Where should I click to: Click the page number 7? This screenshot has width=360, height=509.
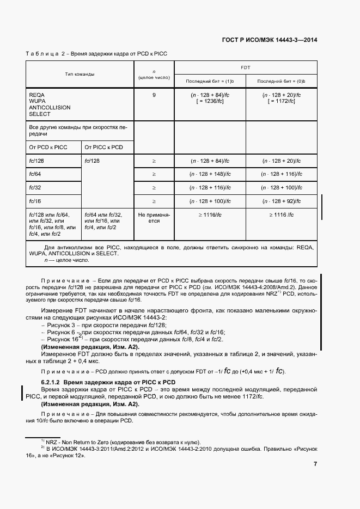(315, 464)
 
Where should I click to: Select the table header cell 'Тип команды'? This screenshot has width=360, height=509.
(80, 73)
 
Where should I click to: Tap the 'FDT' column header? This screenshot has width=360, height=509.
(245, 67)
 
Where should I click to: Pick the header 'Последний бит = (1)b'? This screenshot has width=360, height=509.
(210, 81)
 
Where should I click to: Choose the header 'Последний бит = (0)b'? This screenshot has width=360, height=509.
(281, 81)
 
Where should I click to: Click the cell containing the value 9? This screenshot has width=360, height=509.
(154, 95)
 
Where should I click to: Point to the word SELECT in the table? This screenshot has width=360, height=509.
(39, 114)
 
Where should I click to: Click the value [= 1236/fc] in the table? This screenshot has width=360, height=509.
(210, 101)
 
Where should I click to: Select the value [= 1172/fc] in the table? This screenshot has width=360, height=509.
(281, 101)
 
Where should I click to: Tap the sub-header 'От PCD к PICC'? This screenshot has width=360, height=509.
(48, 147)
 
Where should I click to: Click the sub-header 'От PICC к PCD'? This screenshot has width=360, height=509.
(103, 147)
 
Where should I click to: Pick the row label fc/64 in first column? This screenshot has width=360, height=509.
(35, 174)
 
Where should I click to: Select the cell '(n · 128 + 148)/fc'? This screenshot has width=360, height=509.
(210, 174)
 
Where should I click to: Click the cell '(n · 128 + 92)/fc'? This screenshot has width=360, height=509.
(281, 201)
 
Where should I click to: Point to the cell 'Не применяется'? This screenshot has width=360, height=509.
(154, 218)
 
